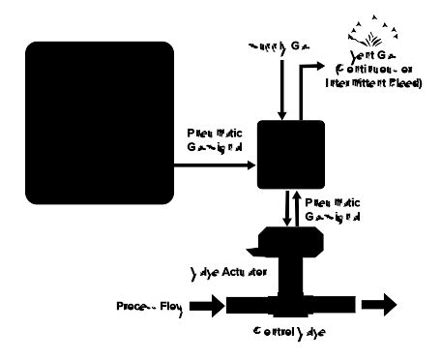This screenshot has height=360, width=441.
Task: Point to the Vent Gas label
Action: point(367,59)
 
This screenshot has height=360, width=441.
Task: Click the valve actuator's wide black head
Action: point(285,239)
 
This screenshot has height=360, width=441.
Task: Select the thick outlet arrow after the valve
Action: point(378,306)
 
